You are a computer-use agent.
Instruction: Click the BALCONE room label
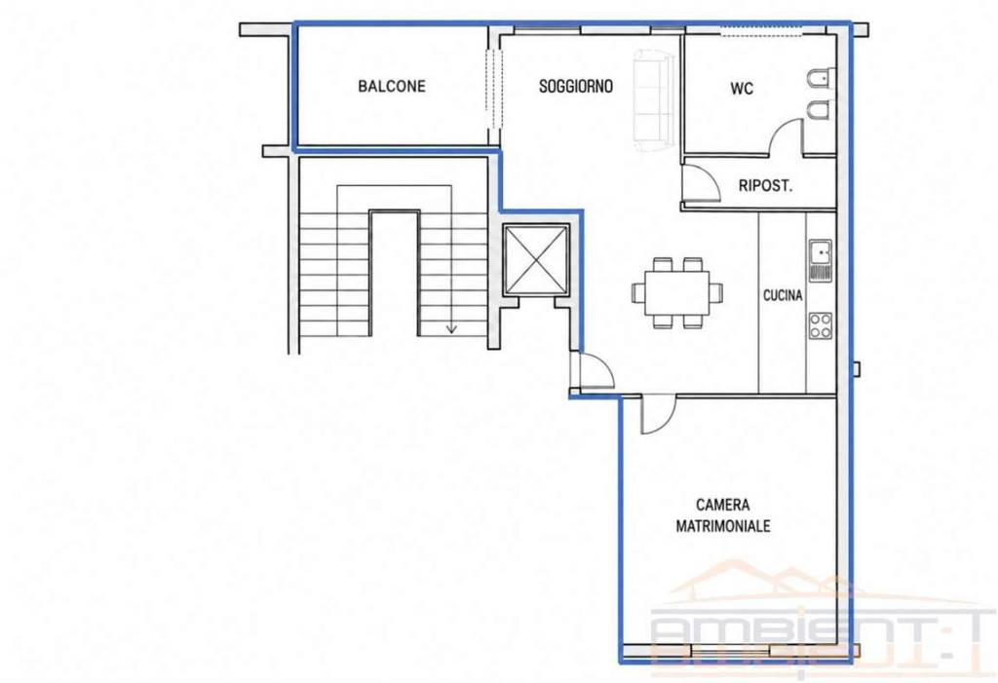392,86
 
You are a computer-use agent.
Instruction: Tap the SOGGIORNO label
575,86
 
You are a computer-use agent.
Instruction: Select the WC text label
742,89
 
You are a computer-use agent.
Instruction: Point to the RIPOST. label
765,186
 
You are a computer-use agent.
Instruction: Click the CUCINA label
783,295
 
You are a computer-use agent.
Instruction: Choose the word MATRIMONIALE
723,526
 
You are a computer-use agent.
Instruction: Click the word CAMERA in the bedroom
722,505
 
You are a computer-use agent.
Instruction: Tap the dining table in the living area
677,292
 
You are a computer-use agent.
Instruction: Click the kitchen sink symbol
821,260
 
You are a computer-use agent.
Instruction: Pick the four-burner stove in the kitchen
821,325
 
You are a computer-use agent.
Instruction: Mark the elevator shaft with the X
535,260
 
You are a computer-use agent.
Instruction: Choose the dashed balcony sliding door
494,89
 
